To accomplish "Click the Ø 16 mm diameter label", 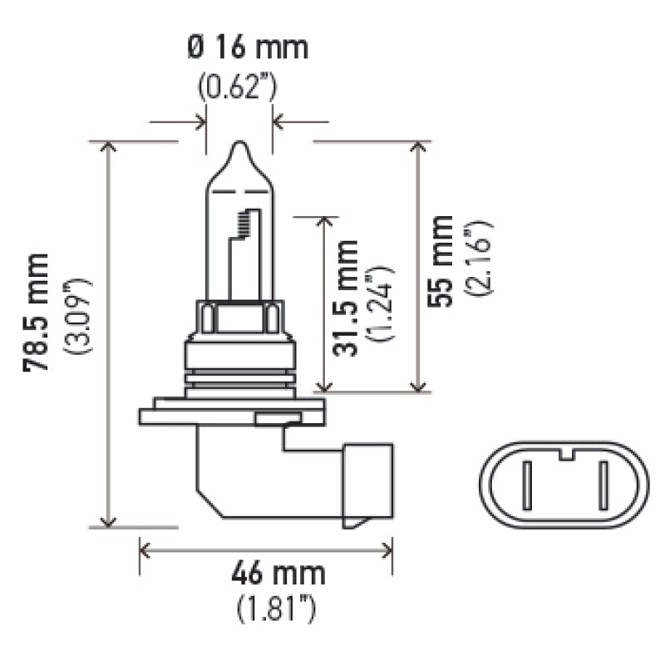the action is (x=247, y=47).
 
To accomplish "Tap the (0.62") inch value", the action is (x=238, y=86).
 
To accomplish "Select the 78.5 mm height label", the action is (x=36, y=313).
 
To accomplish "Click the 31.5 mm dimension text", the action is (x=346, y=298).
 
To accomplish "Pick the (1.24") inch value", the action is (x=381, y=303).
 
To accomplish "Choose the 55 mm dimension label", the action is (x=441, y=261).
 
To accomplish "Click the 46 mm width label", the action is (x=278, y=574).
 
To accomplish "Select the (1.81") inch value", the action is (x=276, y=608).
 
